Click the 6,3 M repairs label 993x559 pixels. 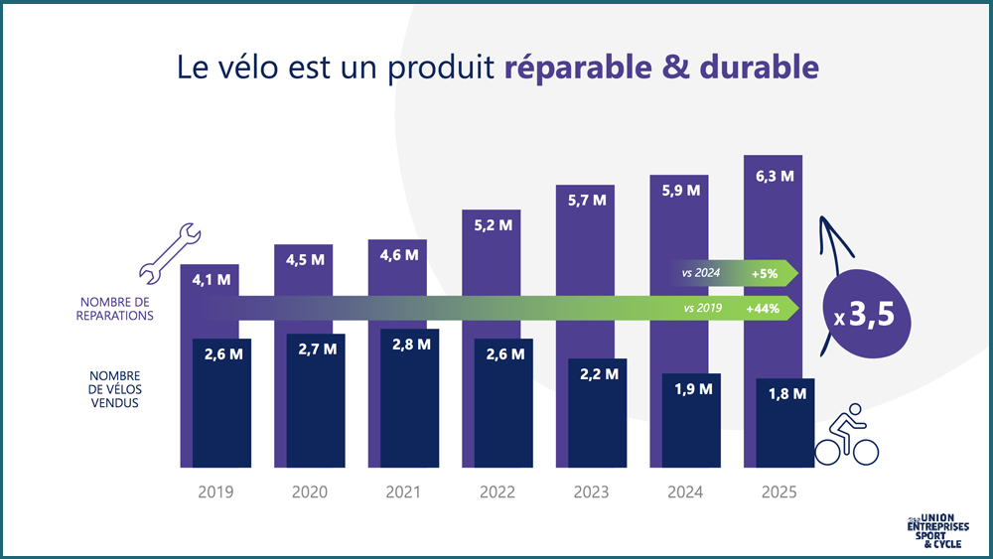[x=774, y=176]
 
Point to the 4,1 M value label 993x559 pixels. [x=210, y=280]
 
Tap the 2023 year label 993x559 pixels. [x=592, y=492]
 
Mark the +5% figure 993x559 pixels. [x=765, y=273]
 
